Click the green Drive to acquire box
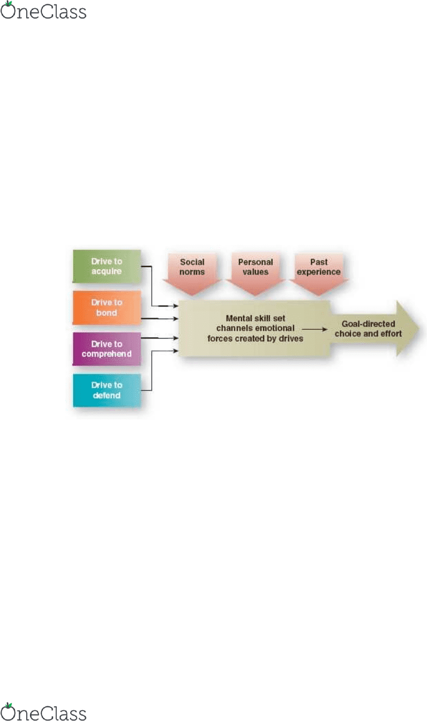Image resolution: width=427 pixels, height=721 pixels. point(107,266)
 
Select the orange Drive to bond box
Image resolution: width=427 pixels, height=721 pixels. point(107,307)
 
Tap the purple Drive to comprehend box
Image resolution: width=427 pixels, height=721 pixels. point(107,349)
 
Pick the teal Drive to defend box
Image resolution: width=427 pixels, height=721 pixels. point(107,390)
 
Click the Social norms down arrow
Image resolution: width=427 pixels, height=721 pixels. point(192,274)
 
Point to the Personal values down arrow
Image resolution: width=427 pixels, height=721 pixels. point(255,274)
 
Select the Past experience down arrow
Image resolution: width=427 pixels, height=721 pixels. point(319,274)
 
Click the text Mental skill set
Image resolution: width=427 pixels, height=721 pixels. point(255,318)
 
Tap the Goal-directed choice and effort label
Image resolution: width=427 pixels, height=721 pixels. point(368,329)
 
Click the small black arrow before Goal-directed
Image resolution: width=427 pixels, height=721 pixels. point(314,329)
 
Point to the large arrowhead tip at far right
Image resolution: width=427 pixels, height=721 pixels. point(419,329)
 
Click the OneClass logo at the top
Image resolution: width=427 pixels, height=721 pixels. point(44,10)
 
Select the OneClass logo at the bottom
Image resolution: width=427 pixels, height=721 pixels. point(44,711)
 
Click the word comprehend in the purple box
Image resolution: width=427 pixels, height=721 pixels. point(107,354)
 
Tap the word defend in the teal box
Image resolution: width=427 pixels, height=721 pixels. point(107,395)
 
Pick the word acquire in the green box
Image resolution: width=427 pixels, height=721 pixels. point(107,271)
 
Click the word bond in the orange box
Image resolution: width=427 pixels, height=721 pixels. point(107,312)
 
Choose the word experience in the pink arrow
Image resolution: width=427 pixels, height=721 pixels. point(319,272)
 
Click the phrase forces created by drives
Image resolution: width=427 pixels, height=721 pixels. point(255,338)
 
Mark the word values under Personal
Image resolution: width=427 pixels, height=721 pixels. point(255,272)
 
